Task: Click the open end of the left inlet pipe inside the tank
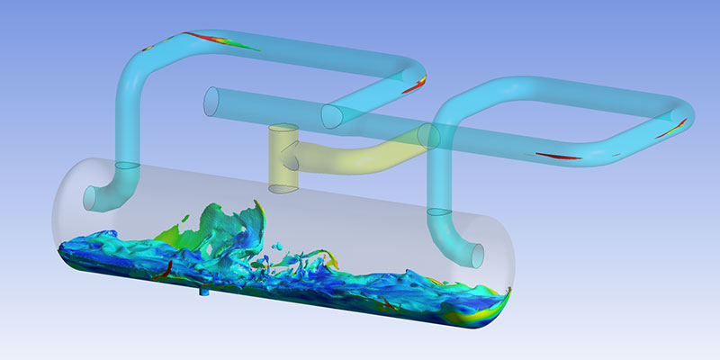coord(93,197)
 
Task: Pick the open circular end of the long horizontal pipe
coord(211,99)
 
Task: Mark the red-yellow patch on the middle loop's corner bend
coord(415,86)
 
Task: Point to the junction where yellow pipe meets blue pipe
coord(423,137)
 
